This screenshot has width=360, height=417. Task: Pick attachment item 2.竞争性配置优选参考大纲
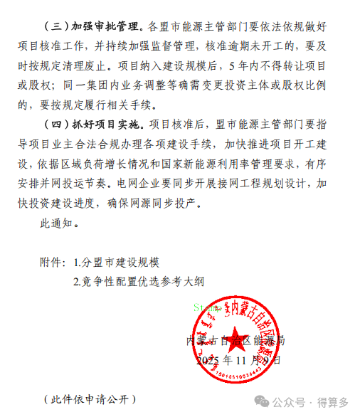click(x=139, y=281)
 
